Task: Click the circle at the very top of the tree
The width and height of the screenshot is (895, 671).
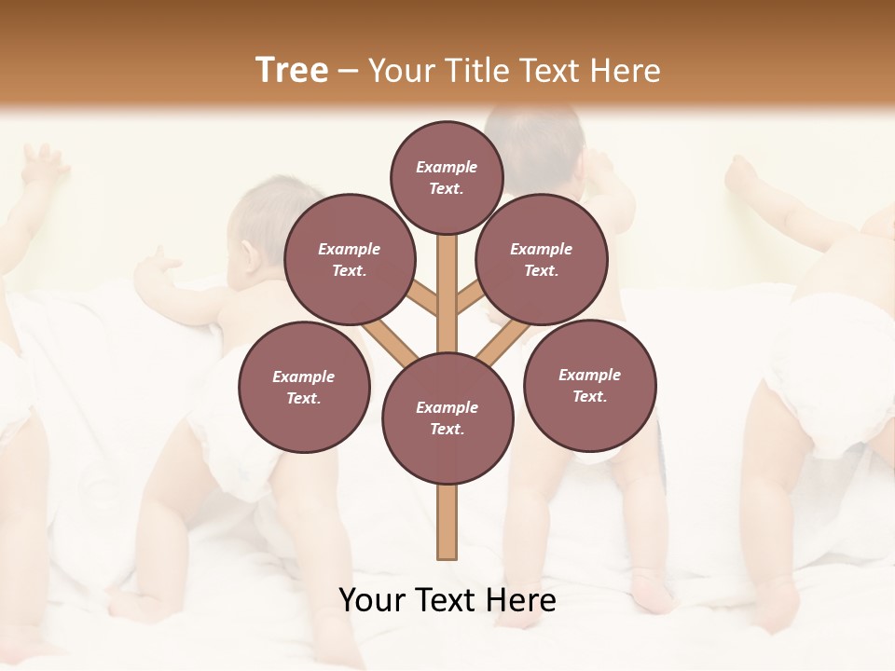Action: [447, 177]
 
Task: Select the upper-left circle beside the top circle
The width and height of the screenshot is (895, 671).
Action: [349, 259]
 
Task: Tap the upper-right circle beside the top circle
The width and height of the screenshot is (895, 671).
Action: [541, 259]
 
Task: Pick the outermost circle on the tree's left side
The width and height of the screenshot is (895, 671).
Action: [303, 387]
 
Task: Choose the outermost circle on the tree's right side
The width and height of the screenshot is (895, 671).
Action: [589, 385]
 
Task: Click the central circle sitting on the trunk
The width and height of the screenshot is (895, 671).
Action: [447, 418]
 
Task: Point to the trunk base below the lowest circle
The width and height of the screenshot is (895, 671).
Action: [447, 522]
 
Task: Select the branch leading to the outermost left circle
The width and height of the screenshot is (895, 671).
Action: [390, 340]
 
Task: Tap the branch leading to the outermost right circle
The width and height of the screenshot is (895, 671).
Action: [502, 342]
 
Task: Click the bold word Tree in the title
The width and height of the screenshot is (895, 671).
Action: [292, 70]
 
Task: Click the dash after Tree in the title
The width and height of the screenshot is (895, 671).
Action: [348, 71]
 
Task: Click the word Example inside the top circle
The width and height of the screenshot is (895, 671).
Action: [447, 167]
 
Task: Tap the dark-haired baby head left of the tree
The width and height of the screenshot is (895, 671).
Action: [270, 224]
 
